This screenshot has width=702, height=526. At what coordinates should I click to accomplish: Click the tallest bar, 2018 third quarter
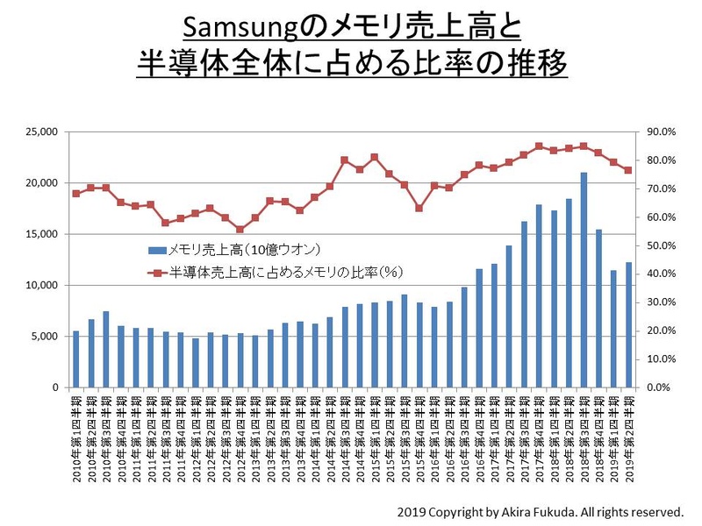tap(584, 281)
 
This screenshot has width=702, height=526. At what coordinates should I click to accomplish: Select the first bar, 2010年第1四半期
tap(76, 359)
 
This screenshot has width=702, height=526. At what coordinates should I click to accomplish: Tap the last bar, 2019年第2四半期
tap(628, 325)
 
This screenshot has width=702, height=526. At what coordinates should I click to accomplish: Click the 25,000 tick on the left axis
tap(41, 132)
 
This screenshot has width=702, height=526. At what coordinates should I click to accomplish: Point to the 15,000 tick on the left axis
tap(41, 234)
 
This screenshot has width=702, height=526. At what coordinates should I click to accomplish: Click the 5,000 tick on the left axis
tap(44, 337)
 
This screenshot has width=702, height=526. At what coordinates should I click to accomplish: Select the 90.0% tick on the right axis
tap(659, 132)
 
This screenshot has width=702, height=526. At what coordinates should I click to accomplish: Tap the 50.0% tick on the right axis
tap(659, 245)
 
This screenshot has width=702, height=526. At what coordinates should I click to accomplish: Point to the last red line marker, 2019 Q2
tap(628, 170)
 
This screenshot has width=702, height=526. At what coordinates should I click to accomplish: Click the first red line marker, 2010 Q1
tap(76, 193)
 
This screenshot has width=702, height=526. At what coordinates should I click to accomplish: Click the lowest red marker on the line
tap(240, 230)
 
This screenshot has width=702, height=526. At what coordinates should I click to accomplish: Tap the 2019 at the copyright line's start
tap(411, 511)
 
